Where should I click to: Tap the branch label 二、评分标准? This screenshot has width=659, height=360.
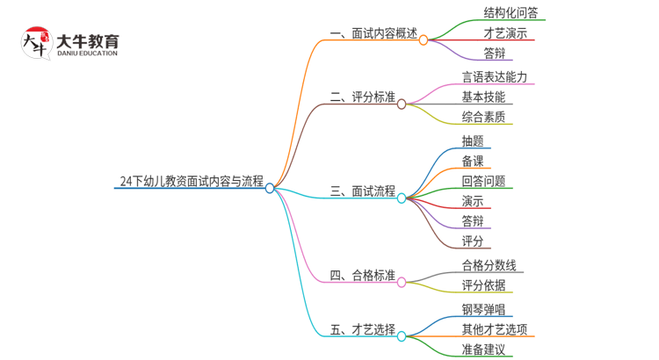point(362,97)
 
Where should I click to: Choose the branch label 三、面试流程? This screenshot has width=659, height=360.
point(362,191)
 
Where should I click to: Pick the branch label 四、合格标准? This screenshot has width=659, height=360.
point(362,275)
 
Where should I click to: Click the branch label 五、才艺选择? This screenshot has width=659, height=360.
point(362,329)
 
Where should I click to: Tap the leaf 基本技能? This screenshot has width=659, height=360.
point(483,97)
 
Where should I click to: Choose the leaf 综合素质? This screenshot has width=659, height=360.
point(483,117)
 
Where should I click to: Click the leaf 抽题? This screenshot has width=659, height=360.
point(473,140)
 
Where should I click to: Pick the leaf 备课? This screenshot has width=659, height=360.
point(473,161)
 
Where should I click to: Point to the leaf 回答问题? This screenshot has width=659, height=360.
point(483,181)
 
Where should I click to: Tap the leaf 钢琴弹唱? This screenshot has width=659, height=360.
point(483,309)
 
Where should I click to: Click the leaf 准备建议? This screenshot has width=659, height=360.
point(483,349)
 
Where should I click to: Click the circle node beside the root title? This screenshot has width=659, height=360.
point(270,188)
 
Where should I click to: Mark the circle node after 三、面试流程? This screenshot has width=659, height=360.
point(402,198)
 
